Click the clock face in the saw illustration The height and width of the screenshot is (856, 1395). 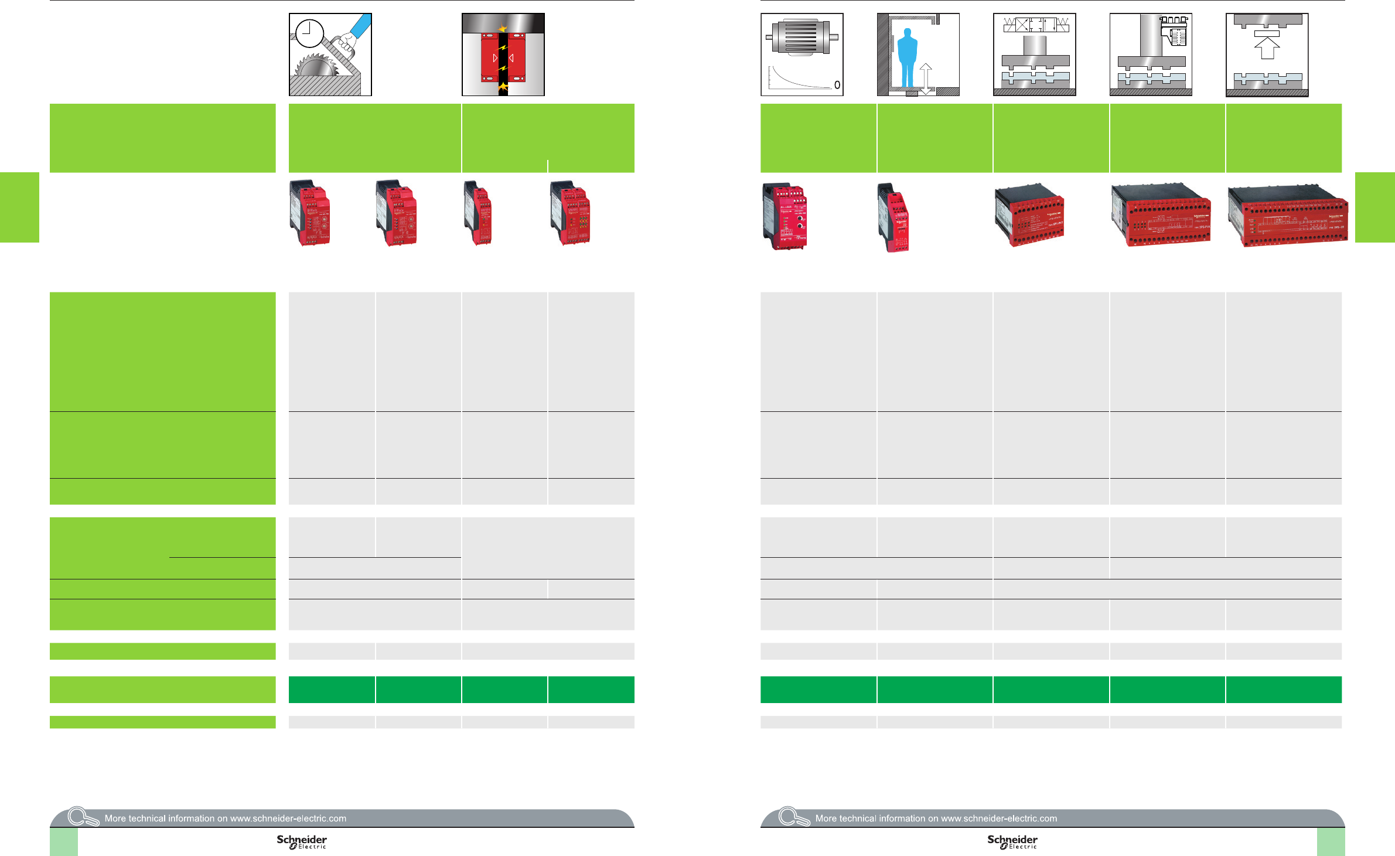[x=310, y=33]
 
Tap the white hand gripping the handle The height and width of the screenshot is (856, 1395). [x=349, y=42]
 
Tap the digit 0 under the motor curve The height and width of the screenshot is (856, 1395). [x=837, y=85]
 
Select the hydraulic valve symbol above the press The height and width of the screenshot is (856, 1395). [x=1036, y=25]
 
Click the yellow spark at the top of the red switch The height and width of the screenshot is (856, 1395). [x=502, y=28]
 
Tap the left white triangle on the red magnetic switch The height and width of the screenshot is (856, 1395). [x=495, y=58]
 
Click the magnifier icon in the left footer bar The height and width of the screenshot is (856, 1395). [x=83, y=816]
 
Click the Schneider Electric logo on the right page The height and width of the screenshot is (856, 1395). [x=1012, y=842]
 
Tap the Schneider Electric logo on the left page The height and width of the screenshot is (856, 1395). [x=302, y=842]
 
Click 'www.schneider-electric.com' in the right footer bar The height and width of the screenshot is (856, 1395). [x=999, y=819]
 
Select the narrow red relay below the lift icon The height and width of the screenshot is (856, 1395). [x=893, y=218]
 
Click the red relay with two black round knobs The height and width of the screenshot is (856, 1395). [x=786, y=216]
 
